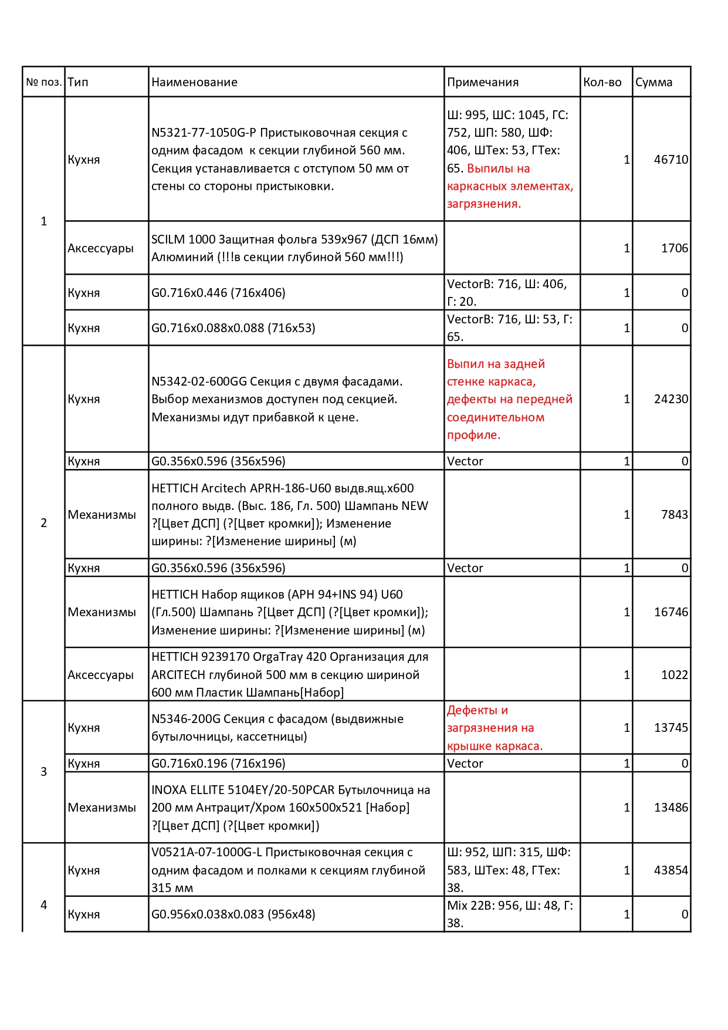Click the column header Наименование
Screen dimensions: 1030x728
[194, 82]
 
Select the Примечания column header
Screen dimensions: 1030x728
[482, 82]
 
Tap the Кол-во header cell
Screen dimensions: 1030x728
[602, 82]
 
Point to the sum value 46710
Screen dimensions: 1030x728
[671, 160]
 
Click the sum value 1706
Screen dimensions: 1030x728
[674, 248]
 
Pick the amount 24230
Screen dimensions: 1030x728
[671, 399]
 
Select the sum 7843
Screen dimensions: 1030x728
[674, 515]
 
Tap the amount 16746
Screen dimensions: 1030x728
[671, 612]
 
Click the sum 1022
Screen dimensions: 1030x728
[674, 675]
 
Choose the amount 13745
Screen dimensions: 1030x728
[671, 728]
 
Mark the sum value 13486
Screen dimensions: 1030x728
[671, 808]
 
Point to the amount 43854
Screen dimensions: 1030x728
[671, 870]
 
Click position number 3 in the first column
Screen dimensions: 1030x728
[43, 772]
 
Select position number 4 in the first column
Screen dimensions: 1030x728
[43, 905]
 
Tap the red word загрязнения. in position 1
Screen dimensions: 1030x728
[483, 204]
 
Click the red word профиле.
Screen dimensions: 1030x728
[473, 435]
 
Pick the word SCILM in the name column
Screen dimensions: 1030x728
[167, 239]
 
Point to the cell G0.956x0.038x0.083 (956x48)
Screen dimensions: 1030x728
[233, 914]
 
